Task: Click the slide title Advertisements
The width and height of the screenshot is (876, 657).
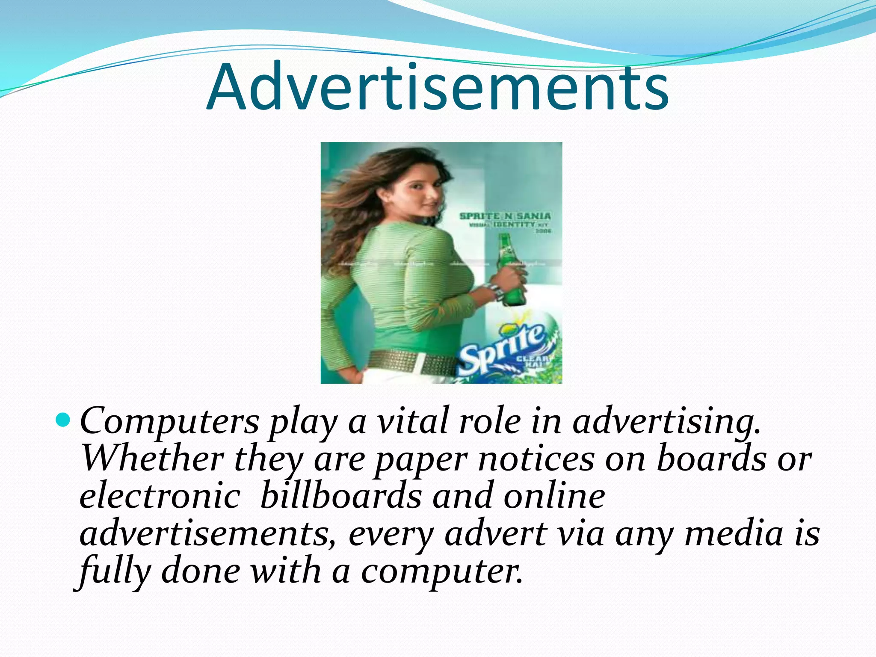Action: (x=437, y=88)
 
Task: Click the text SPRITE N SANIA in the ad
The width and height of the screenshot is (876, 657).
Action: (x=505, y=216)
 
